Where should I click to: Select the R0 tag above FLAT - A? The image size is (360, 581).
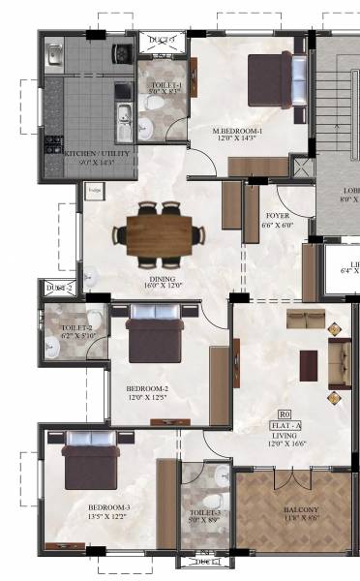pos(285,413)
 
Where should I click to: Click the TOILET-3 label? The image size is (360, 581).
pos(203,513)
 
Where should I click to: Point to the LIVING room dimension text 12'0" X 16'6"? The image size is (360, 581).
pos(288,444)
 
